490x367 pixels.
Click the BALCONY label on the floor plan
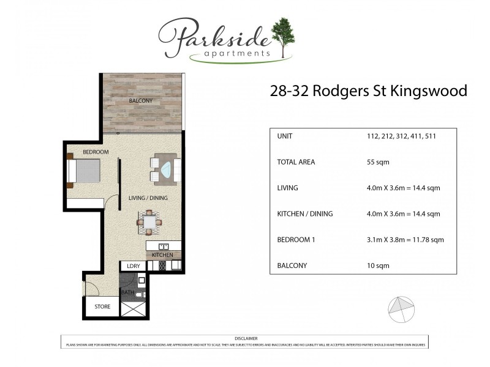coord(141,100)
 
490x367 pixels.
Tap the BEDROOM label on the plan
coord(96,152)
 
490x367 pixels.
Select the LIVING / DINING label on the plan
coord(148,198)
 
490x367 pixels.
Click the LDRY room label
coord(134,266)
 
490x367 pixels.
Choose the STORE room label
coord(102,306)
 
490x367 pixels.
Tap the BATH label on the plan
coord(127,292)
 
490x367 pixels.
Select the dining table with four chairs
coord(150,223)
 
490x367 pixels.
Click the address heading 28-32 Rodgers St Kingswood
coord(368,91)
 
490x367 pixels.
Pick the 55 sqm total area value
coord(378,162)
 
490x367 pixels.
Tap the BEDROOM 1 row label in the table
coord(296,240)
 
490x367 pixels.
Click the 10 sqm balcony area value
coord(378,265)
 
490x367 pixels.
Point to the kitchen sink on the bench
coord(155,247)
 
